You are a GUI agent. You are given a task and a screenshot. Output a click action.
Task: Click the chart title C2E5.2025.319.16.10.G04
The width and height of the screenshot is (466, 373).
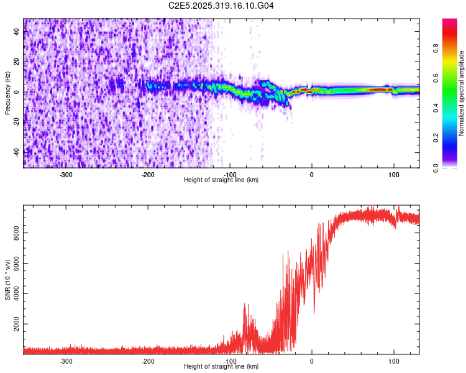pos(222,6)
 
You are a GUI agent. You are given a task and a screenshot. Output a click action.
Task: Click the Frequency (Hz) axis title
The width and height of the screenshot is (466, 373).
pos(7,93)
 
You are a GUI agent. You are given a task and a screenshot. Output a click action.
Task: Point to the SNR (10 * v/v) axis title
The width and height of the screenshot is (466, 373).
pos(7,279)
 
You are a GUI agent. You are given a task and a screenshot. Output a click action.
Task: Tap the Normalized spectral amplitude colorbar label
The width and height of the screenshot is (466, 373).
pos(462,93)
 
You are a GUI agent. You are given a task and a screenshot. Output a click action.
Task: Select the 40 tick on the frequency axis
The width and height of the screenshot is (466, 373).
pos(17,32)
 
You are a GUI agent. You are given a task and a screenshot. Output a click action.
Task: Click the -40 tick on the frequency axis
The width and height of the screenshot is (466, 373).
pos(16,152)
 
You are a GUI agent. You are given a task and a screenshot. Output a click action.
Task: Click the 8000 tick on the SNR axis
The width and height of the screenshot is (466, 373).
pos(17,233)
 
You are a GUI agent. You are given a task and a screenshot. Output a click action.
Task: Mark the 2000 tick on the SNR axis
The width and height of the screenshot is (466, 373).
pos(17,325)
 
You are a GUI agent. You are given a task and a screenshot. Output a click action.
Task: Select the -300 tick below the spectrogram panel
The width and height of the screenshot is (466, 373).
pos(66,175)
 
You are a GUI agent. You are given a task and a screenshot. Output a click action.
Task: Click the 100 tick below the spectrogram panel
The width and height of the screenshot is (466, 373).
pos(393,175)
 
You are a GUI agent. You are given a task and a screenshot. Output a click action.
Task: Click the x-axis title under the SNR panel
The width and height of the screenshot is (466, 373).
pos(222,367)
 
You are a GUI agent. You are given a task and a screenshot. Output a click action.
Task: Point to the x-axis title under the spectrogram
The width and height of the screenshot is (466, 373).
pos(222,180)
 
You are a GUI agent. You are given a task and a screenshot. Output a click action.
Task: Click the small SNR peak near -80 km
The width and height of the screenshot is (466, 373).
pos(245,305)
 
